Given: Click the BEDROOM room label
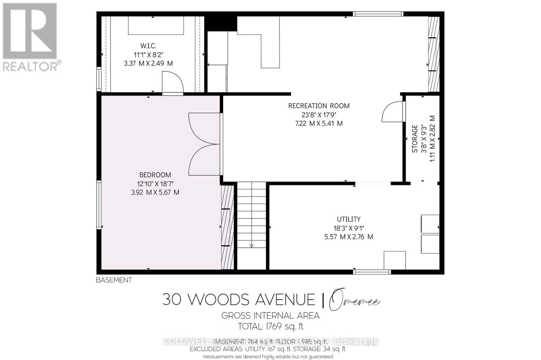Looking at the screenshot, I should (155, 175).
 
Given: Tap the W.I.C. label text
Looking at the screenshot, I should (148, 46).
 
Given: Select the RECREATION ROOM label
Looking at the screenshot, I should (319, 106).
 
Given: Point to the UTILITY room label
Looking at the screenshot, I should (349, 219).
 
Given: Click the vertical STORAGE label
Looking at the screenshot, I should (415, 139).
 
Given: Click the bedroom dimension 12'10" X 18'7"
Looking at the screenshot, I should (155, 184).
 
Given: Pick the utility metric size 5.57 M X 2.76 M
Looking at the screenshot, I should (349, 237).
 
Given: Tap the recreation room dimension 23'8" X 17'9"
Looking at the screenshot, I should (319, 115).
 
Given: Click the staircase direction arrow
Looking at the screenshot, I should (251, 246).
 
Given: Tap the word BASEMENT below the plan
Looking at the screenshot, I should (114, 280).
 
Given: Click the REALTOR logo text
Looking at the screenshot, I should (30, 66).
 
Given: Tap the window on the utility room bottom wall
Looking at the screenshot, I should (372, 272).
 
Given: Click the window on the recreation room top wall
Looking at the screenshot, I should (378, 14).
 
